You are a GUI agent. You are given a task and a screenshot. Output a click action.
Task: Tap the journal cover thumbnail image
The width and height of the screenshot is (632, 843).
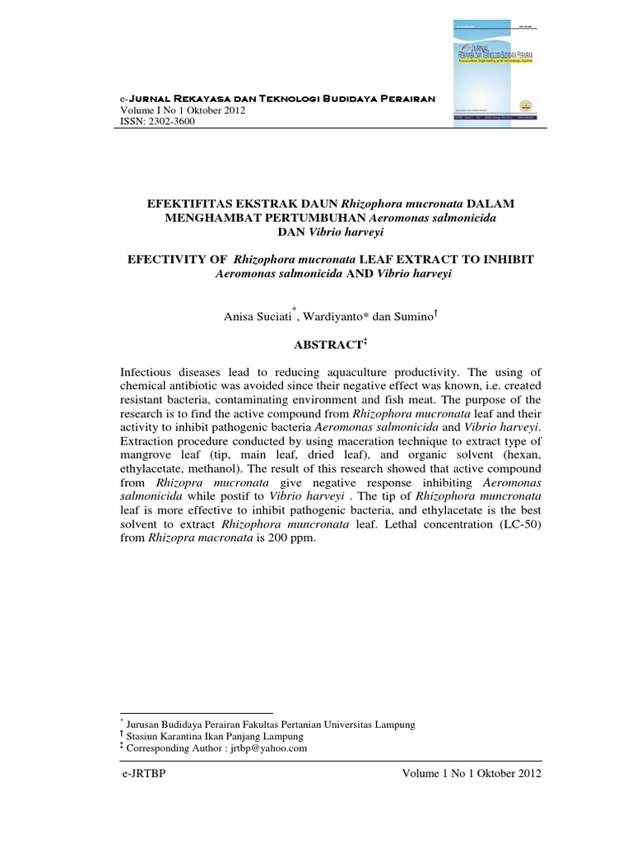click(492, 72)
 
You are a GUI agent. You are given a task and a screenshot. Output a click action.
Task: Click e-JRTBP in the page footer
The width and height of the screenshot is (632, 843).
click(142, 775)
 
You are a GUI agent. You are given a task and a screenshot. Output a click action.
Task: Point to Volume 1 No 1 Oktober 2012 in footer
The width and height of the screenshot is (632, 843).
click(472, 775)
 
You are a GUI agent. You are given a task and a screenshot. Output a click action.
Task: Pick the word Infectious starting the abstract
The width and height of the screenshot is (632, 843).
click(147, 375)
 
